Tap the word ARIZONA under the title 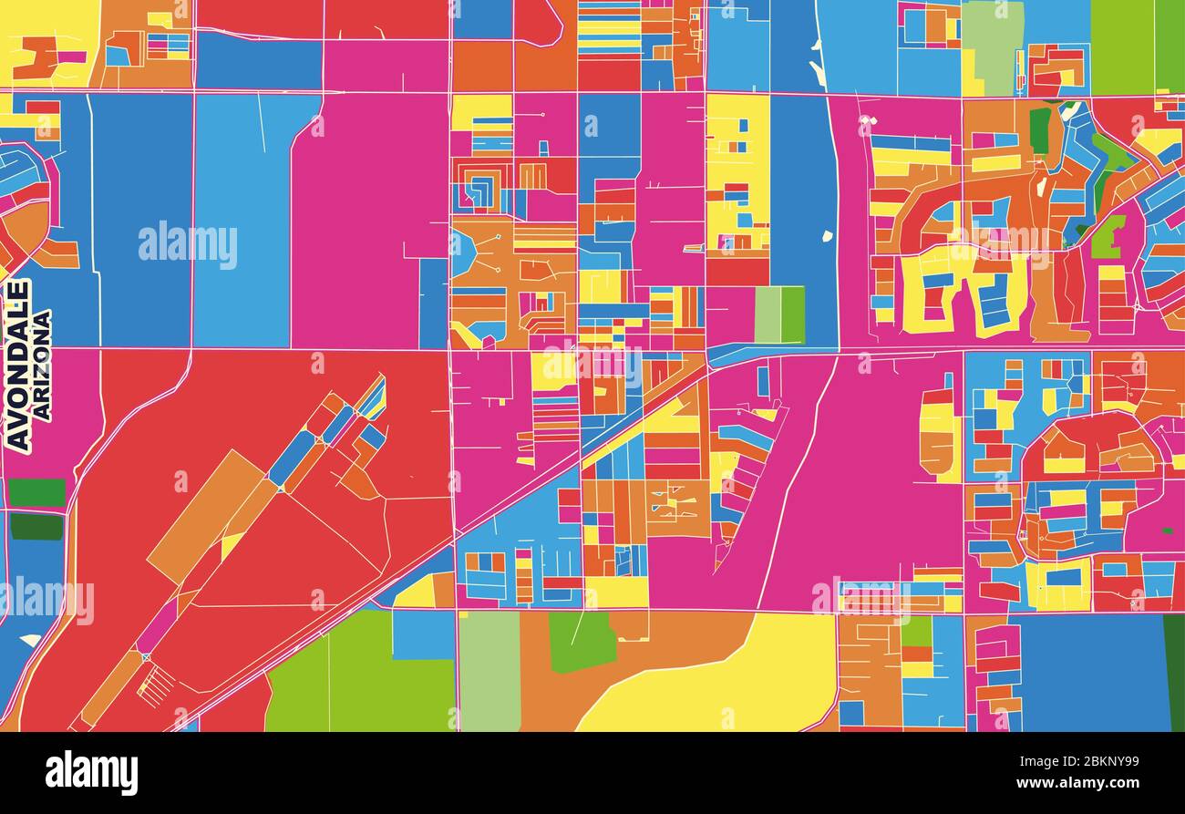point(42,366)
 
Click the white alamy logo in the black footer point(91,773)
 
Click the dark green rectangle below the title point(36,526)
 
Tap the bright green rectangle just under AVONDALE point(36,492)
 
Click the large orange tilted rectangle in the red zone point(205,515)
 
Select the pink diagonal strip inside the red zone point(157,626)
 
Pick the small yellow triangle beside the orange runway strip point(231,546)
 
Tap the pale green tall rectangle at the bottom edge point(489,671)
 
